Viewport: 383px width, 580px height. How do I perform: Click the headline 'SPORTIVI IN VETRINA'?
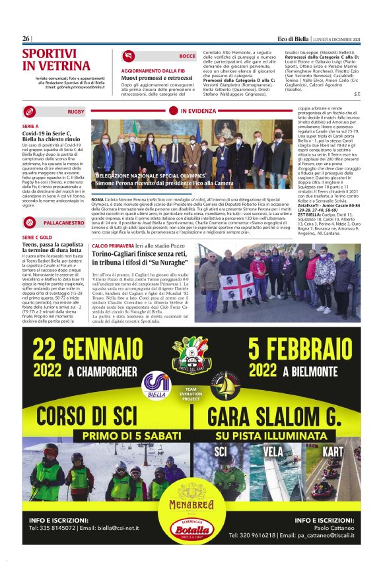click(56, 60)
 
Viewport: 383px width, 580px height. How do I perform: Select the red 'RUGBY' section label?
click(75, 112)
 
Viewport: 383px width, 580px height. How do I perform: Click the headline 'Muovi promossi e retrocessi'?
click(157, 78)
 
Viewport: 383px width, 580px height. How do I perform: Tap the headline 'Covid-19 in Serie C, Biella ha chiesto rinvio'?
click(53, 137)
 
